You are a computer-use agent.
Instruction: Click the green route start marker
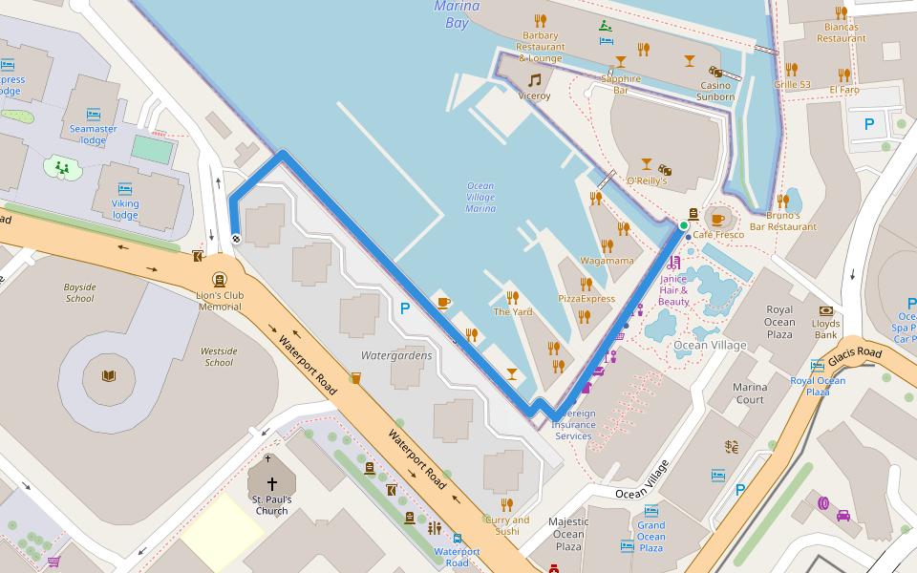pos(683,225)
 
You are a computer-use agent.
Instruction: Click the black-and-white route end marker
pos(236,239)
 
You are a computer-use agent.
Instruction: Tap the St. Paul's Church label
pos(271,505)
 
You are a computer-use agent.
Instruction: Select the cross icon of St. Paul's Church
pos(271,484)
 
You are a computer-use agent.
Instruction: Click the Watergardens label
pos(396,355)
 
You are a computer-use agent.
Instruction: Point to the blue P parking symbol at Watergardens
pos(405,308)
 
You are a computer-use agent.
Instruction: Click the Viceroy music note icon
pos(535,80)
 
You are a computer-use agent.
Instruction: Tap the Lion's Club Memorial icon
pos(221,280)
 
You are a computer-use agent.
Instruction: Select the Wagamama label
pos(608,261)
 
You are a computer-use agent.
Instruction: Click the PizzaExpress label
pos(586,298)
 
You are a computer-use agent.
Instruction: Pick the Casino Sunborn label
pos(715,91)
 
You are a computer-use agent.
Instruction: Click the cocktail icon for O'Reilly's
pos(647,164)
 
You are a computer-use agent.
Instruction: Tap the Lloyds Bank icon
pos(826,310)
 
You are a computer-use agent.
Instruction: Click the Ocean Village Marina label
pos(480,197)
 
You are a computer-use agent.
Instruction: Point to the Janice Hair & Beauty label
pos(673,290)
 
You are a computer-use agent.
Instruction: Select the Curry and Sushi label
pos(506,525)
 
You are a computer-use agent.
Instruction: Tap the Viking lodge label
pos(125,209)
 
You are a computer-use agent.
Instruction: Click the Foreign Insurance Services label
pos(573,425)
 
